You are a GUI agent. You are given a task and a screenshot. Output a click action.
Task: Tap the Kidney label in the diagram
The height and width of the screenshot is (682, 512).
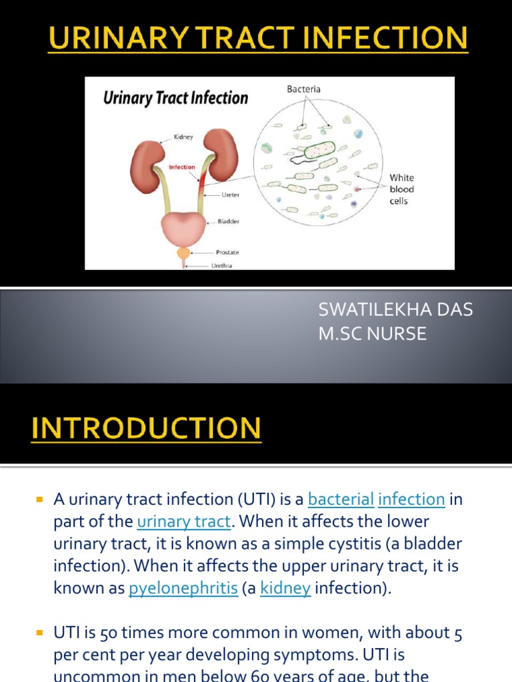183,137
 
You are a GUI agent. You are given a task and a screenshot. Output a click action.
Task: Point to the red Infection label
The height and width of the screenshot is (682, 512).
181,167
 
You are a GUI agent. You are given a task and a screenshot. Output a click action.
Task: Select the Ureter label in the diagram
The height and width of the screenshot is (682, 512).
231,195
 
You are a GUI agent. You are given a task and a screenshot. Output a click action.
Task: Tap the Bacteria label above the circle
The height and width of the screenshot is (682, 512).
304,89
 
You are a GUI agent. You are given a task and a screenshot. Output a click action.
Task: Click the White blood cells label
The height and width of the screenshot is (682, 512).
401,189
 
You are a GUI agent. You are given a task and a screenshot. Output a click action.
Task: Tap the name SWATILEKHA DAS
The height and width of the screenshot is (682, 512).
395,310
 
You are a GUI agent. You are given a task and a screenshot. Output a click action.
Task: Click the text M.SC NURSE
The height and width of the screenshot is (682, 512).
372,334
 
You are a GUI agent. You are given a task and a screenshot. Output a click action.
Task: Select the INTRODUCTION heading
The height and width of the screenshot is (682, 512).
146,428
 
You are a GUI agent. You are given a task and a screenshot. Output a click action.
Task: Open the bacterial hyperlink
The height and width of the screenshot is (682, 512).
341,499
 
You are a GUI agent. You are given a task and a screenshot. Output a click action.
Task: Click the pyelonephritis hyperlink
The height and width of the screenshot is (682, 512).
183,589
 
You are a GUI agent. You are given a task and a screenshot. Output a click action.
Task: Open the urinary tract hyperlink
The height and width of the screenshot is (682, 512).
183,521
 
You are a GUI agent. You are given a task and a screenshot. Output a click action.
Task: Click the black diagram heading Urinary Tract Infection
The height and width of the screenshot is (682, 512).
175,99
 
